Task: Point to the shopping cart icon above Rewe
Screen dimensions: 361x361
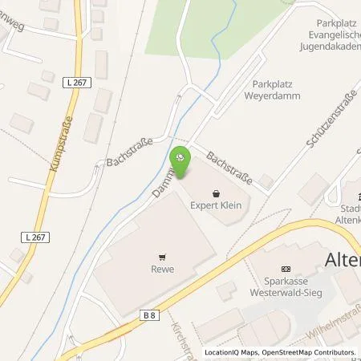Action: click(163, 258)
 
